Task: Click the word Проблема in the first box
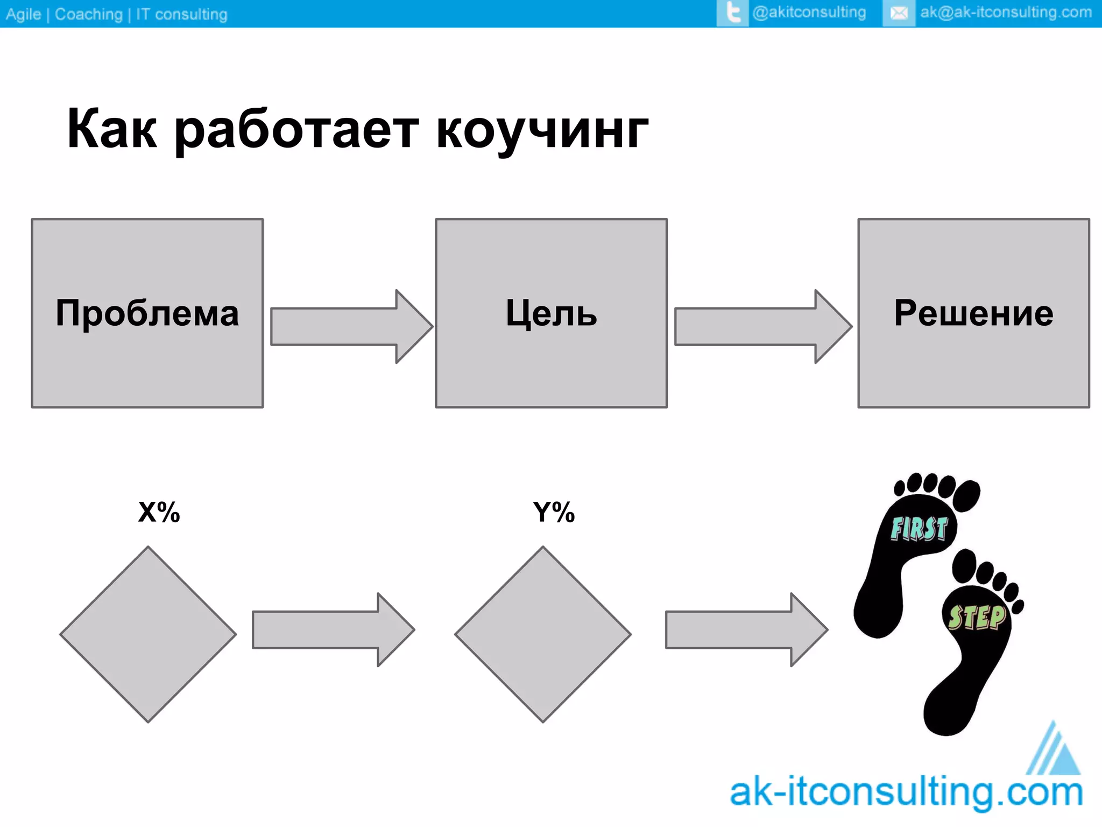[147, 313]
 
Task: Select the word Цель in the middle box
[551, 313]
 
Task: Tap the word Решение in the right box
[973, 313]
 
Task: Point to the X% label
[159, 512]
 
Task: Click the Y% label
[554, 512]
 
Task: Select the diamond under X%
[148, 634]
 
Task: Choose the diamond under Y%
[543, 634]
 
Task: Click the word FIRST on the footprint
[919, 529]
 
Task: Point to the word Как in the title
[112, 129]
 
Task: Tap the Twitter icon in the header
[732, 13]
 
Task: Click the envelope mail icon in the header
[899, 13]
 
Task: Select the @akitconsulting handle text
[809, 12]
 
